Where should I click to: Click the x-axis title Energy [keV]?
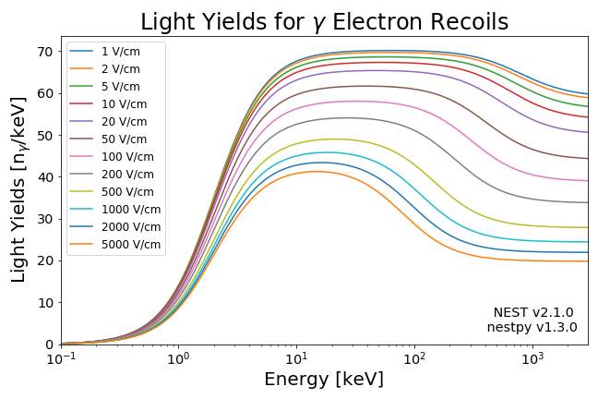324,379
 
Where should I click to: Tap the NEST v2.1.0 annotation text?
533,312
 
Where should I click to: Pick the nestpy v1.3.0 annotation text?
532,327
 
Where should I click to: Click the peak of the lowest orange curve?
316,171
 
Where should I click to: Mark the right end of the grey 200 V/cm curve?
588,202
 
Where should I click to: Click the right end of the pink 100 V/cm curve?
588,181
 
